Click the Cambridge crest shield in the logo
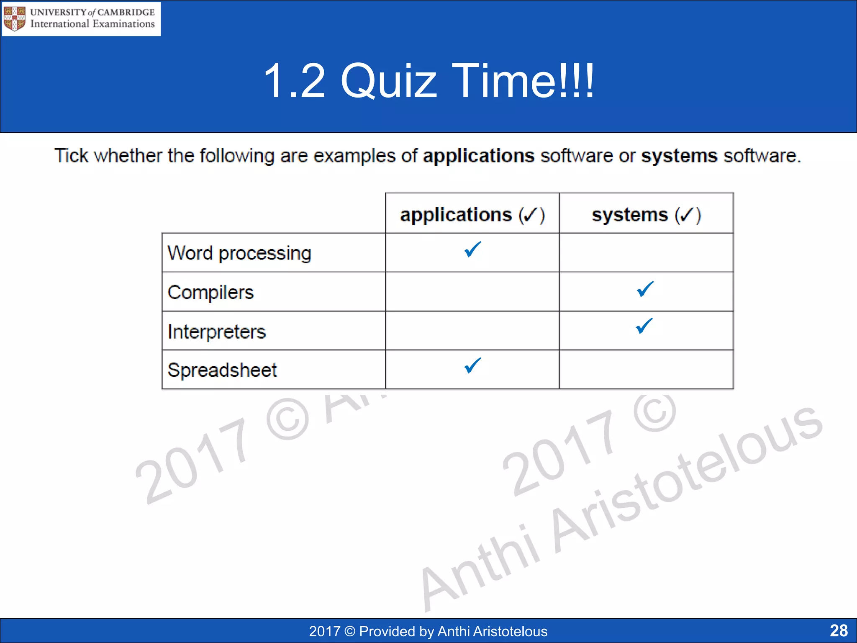pos(14,19)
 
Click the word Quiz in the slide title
pos(389,80)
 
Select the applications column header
pos(472,215)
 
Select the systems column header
pos(646,215)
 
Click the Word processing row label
pos(239,253)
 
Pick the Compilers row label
pos(210,292)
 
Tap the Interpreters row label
pos(216,332)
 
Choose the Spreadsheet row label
pos(222,370)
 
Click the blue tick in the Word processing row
pos(472,250)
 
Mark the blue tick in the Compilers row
pos(645,289)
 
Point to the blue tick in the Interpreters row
pos(644,326)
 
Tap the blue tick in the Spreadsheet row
pos(472,365)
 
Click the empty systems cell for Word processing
pos(646,253)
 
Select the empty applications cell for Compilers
pos(472,292)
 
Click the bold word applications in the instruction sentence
pos(478,156)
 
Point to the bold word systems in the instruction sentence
pos(679,156)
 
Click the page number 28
pos(839,630)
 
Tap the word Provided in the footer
pos(386,631)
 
